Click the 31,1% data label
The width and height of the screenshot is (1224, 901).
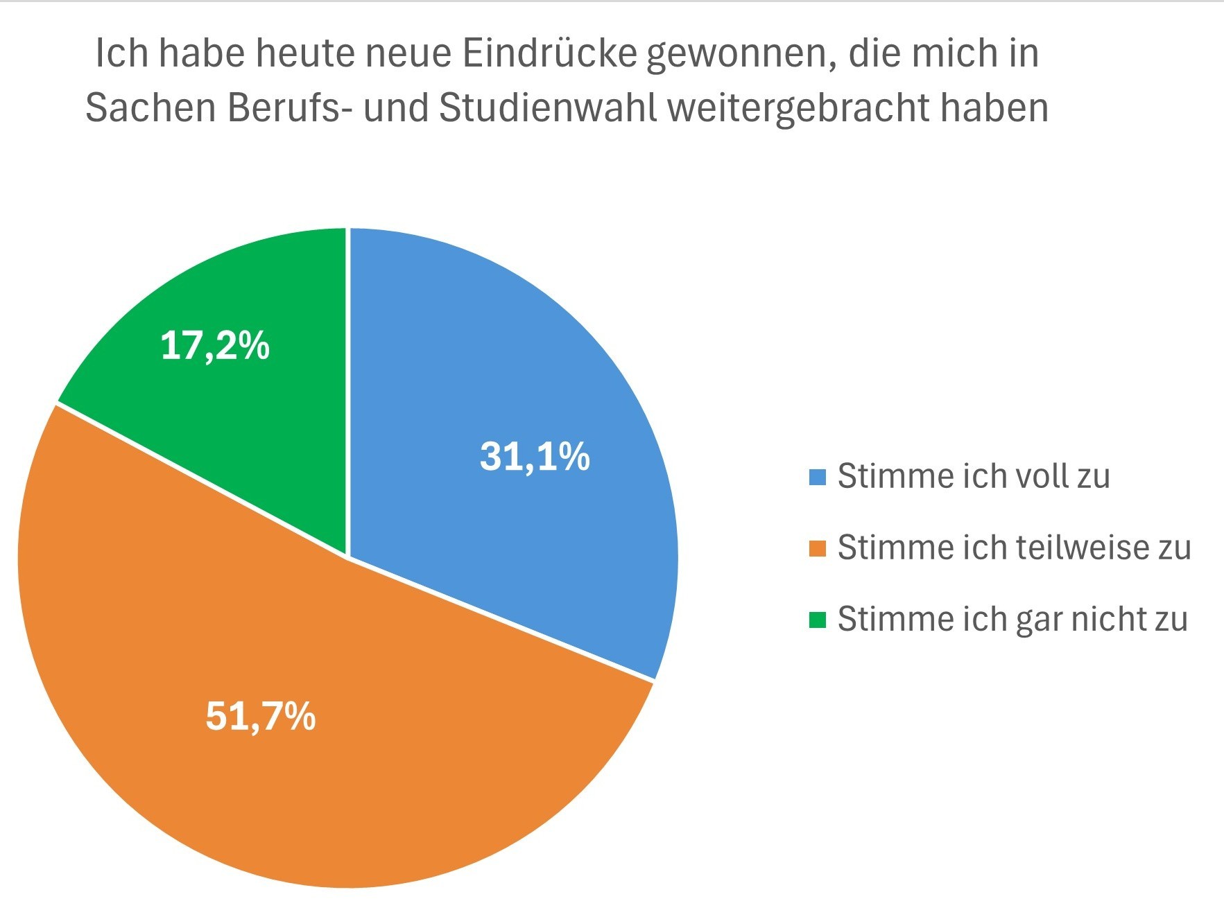click(535, 457)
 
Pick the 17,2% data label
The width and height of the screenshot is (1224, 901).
click(215, 344)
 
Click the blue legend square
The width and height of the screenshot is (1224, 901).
click(818, 477)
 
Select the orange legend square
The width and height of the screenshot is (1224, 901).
click(818, 548)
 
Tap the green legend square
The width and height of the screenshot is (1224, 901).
click(818, 620)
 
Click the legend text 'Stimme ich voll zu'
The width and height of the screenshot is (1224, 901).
click(974, 476)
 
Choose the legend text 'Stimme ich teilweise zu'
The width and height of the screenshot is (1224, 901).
click(1014, 548)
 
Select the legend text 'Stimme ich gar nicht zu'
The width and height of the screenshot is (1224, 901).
click(1012, 619)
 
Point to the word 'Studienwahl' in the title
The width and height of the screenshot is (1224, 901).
click(548, 107)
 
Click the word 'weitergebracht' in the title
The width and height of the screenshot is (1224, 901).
click(798, 107)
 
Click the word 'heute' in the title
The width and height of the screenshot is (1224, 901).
click(305, 53)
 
